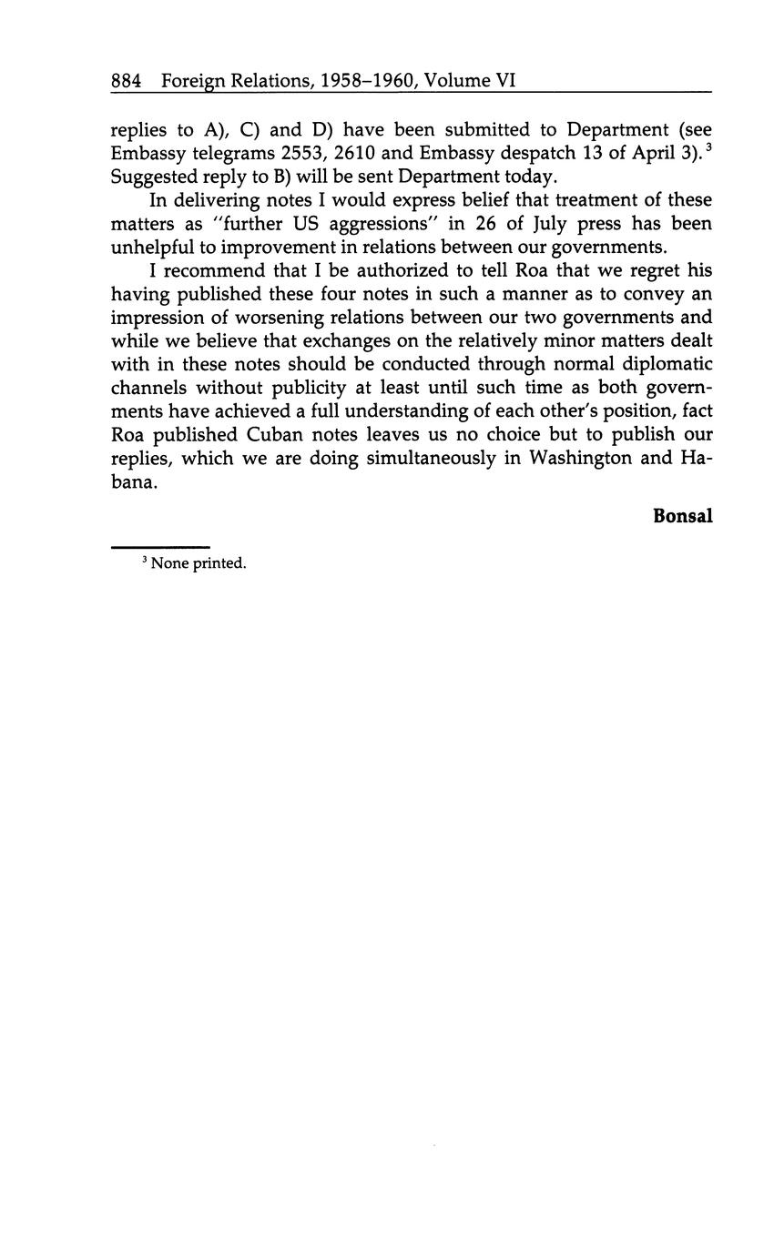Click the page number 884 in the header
coord(126,81)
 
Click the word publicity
coord(290,388)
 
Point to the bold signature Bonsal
coord(682,516)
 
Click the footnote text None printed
coord(199,563)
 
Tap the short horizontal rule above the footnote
coord(160,547)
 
